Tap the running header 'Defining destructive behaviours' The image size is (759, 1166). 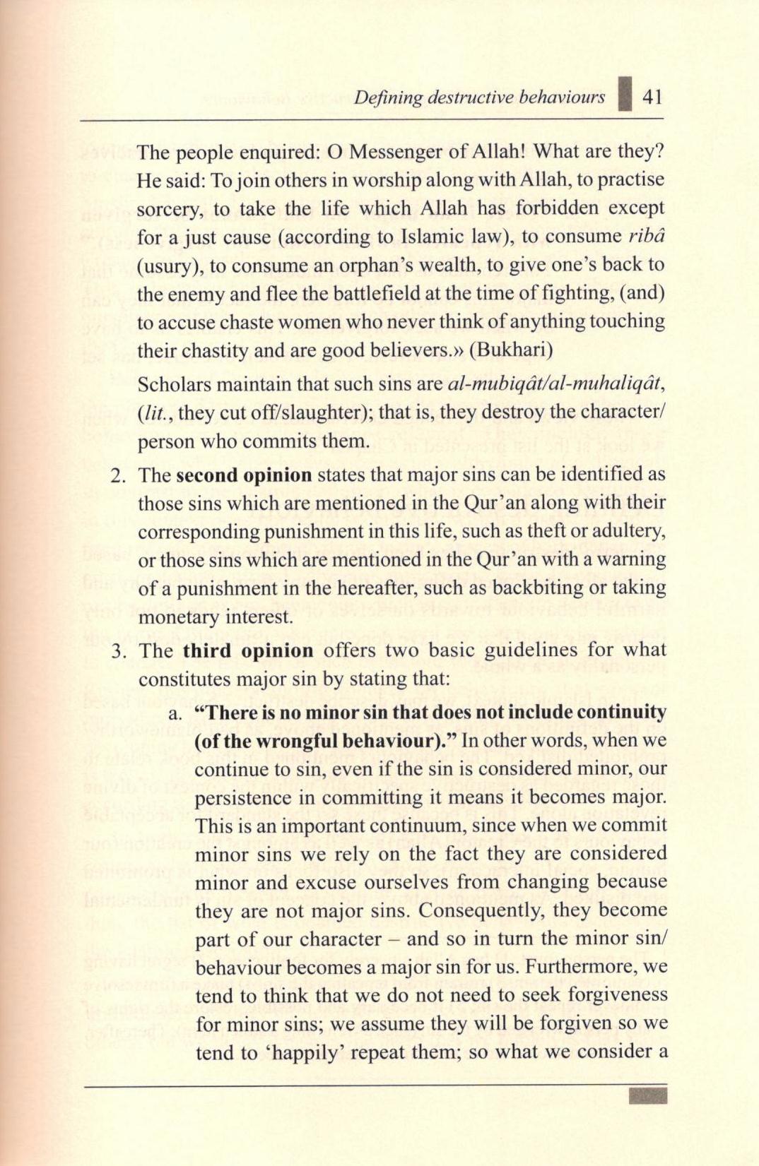pyautogui.click(x=479, y=97)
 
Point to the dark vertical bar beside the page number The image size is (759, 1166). pyautogui.click(x=623, y=96)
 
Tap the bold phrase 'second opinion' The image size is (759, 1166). pyautogui.click(x=244, y=475)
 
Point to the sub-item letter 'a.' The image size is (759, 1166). pyautogui.click(x=176, y=713)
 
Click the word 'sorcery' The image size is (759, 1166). pyautogui.click(x=167, y=209)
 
